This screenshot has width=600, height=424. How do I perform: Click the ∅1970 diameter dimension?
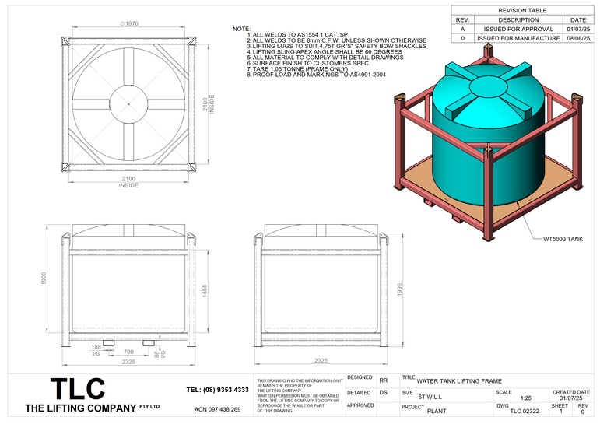pyautogui.click(x=128, y=24)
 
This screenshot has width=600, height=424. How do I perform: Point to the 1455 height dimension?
pyautogui.click(x=205, y=289)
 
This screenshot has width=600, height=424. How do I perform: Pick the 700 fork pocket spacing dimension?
pyautogui.click(x=128, y=352)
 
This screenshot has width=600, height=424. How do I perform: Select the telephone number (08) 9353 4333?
pyautogui.click(x=218, y=389)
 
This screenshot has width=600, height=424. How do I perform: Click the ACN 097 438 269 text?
pyautogui.click(x=217, y=409)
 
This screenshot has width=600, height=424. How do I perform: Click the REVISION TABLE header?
pyautogui.click(x=522, y=11)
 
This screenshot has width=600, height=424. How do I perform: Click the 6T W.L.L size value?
pyautogui.click(x=430, y=397)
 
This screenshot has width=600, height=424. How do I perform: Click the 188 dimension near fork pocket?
pyautogui.click(x=96, y=345)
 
